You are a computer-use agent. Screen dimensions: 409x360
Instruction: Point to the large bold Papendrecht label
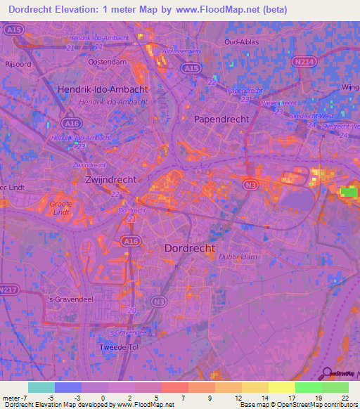tap(221, 119)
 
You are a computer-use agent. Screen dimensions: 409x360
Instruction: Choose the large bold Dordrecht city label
tap(189, 248)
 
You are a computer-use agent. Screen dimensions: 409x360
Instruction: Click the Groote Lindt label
tap(61, 208)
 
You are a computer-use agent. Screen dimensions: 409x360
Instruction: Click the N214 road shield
tap(304, 62)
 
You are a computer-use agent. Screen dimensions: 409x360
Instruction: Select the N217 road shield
tap(7, 289)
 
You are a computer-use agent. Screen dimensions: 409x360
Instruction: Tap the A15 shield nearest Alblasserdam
tap(189, 68)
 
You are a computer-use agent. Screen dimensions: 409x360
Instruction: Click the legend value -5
tap(51, 398)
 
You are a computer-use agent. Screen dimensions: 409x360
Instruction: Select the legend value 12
tap(228, 398)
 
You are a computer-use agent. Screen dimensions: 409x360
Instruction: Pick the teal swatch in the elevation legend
tap(41, 387)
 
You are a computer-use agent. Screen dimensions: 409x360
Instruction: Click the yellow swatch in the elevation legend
tap(281, 387)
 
